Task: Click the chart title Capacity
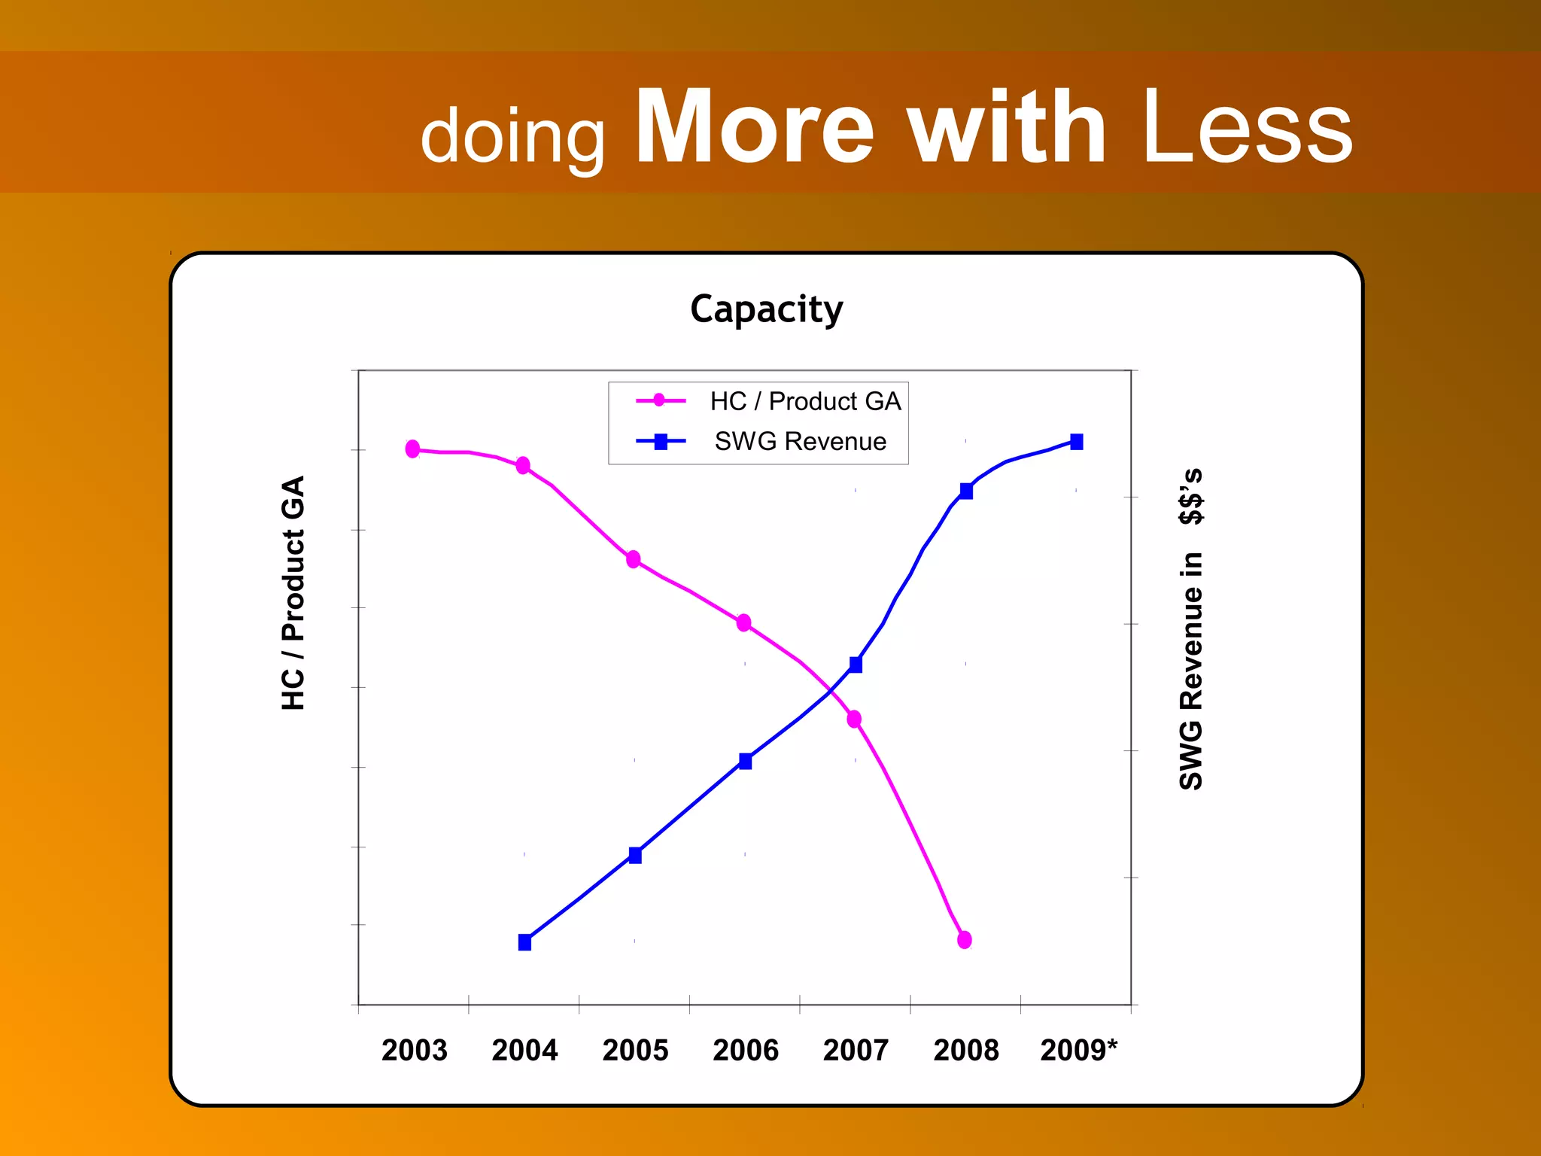tap(766, 309)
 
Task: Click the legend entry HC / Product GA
tap(804, 401)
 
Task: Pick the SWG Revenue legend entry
tap(800, 441)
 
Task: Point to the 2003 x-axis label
tap(414, 1050)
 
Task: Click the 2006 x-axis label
tap(745, 1050)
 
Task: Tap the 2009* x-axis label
tap(1078, 1050)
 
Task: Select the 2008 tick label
tap(965, 1050)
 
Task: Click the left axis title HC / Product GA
tap(293, 592)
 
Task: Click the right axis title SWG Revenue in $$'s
tap(1191, 629)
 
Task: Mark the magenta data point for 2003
tap(412, 449)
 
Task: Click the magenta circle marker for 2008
tap(964, 939)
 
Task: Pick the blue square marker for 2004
tap(524, 942)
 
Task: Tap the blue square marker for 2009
tap(1076, 442)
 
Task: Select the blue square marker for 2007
tap(856, 665)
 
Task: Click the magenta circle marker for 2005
tap(634, 559)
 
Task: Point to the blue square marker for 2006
tap(745, 761)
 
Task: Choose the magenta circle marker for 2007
tap(854, 719)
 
